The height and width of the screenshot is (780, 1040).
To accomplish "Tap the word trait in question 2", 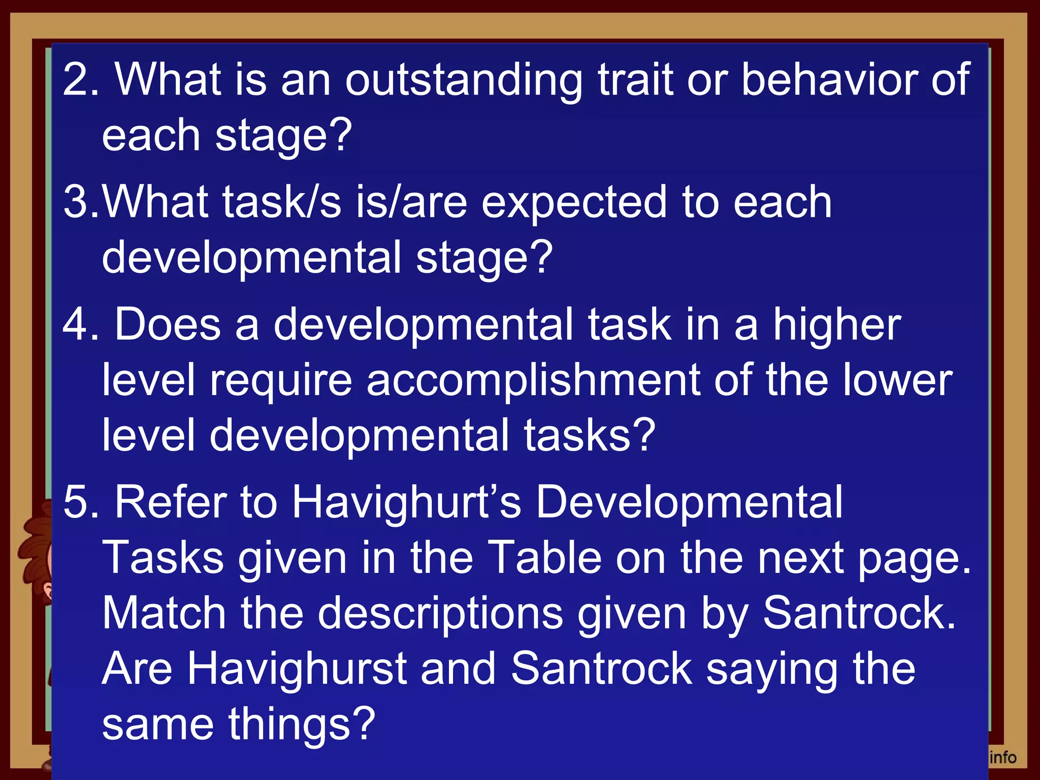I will pyautogui.click(x=635, y=80).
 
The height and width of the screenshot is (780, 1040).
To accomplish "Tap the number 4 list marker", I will pyautogui.click(x=76, y=325).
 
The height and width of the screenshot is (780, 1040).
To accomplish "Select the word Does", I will pyautogui.click(x=168, y=325).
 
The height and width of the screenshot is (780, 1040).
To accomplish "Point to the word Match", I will pyautogui.click(x=164, y=613).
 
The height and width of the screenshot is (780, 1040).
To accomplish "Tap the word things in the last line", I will pyautogui.click(x=302, y=725).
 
